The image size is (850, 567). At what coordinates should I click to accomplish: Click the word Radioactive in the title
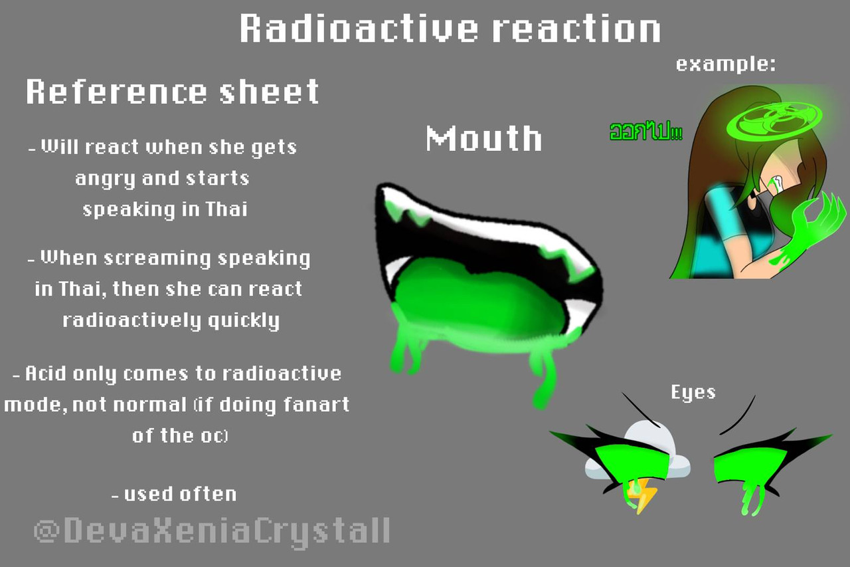pyautogui.click(x=359, y=29)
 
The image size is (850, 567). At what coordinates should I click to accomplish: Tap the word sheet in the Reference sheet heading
pyautogui.click(x=269, y=92)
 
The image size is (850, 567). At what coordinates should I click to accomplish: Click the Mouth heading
pyautogui.click(x=484, y=139)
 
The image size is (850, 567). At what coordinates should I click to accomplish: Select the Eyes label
pyautogui.click(x=693, y=393)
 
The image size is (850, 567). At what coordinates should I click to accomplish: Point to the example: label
pyautogui.click(x=726, y=64)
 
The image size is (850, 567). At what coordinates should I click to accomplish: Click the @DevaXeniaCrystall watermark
pyautogui.click(x=212, y=532)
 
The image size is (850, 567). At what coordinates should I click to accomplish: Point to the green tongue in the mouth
pyautogui.click(x=472, y=300)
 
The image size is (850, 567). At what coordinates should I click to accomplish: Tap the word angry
pyautogui.click(x=105, y=179)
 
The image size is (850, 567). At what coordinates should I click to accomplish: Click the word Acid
pyautogui.click(x=46, y=374)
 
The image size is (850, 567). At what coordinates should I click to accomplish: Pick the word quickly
pyautogui.click(x=244, y=321)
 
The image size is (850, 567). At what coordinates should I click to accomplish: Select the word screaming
pyautogui.click(x=157, y=259)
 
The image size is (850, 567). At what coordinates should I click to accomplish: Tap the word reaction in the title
pyautogui.click(x=578, y=29)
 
